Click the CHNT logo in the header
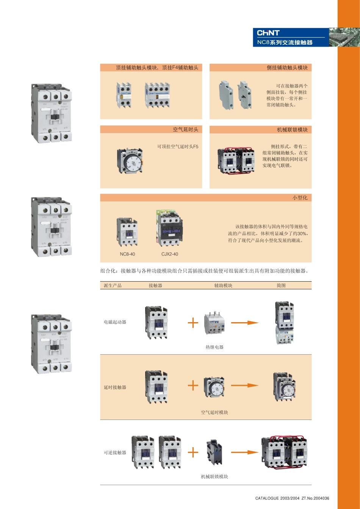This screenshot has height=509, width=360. [268, 33]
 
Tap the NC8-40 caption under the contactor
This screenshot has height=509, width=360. [127, 254]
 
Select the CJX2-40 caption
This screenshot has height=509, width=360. [170, 254]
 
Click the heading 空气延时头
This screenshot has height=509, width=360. [186, 130]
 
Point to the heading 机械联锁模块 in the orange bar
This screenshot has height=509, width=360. [292, 130]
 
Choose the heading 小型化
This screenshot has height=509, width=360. [300, 198]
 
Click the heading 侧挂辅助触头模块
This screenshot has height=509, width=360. [287, 68]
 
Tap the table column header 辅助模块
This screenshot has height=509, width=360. [223, 286]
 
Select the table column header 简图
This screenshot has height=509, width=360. [281, 286]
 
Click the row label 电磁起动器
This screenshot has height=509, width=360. [115, 322]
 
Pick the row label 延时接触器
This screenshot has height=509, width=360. [115, 387]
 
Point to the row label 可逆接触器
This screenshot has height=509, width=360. [115, 453]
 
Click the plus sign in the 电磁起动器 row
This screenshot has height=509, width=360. [193, 323]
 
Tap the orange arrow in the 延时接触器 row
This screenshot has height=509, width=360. [244, 385]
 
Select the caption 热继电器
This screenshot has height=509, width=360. [214, 347]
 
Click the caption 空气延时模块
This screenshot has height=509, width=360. [214, 412]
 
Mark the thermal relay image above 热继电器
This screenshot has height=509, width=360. [214, 323]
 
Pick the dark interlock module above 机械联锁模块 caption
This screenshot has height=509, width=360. [214, 452]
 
